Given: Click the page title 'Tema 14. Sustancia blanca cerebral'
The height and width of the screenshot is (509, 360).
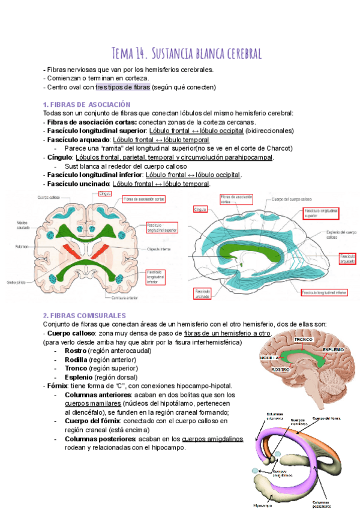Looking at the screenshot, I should [187, 53].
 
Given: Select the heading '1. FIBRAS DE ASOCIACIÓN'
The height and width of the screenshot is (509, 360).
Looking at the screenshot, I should [87, 104].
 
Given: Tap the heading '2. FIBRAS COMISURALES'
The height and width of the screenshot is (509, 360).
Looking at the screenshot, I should [85, 315].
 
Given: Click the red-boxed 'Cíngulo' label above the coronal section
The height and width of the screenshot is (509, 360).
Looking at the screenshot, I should [106, 194].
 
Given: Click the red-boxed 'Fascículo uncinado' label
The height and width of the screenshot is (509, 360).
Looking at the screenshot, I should [202, 294].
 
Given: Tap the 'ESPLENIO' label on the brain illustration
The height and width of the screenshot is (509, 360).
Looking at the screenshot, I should [333, 349].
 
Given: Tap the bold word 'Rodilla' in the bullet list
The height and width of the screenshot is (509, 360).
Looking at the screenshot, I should [76, 360].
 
